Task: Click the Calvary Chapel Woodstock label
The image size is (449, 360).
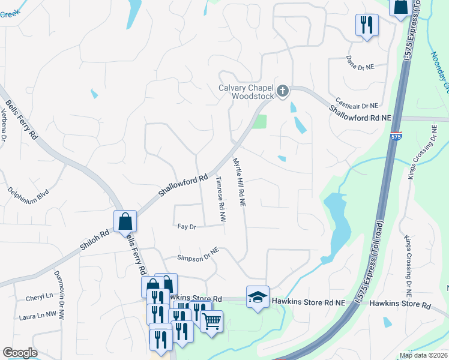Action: [245, 91]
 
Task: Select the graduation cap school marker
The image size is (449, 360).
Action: [258, 298]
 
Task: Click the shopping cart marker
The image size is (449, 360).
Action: [211, 322]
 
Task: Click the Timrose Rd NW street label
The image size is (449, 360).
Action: [220, 200]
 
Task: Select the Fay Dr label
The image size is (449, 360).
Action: [187, 227]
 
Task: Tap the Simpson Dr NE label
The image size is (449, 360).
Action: [197, 254]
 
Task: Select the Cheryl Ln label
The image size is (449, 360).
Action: [39, 297]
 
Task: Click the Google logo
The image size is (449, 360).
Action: [20, 353]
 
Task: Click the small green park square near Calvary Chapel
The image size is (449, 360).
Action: [259, 121]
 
